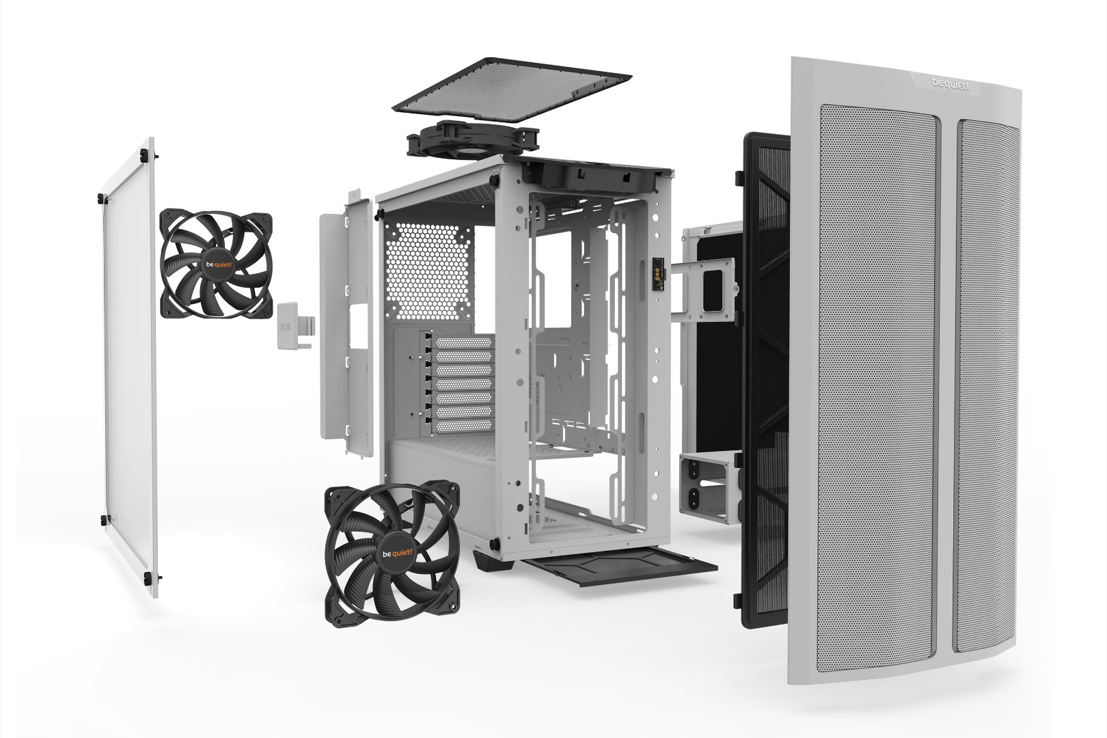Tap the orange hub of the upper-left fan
click(215, 263)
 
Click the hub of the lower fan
click(392, 553)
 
